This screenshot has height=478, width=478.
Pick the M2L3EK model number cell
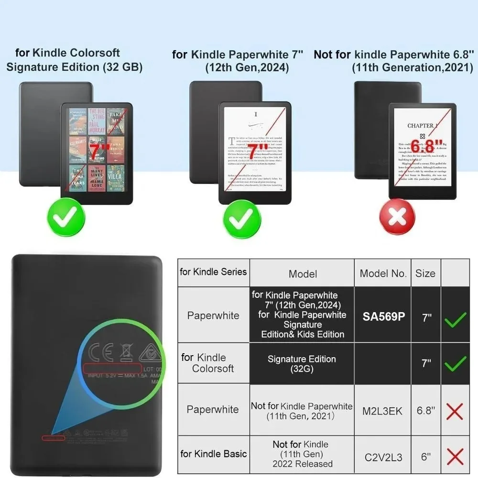382,411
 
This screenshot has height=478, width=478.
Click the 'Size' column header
425,273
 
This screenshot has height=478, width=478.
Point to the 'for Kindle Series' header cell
213,272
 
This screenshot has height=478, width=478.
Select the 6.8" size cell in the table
425,411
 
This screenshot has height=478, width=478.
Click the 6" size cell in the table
425,457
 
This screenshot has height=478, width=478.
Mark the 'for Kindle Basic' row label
213,454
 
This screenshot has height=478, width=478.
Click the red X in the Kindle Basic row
455,457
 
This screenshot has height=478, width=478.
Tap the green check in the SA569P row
455,319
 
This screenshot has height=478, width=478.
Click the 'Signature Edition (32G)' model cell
302,364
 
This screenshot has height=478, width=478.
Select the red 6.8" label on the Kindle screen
422,146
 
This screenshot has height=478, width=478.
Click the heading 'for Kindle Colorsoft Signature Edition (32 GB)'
74,60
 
